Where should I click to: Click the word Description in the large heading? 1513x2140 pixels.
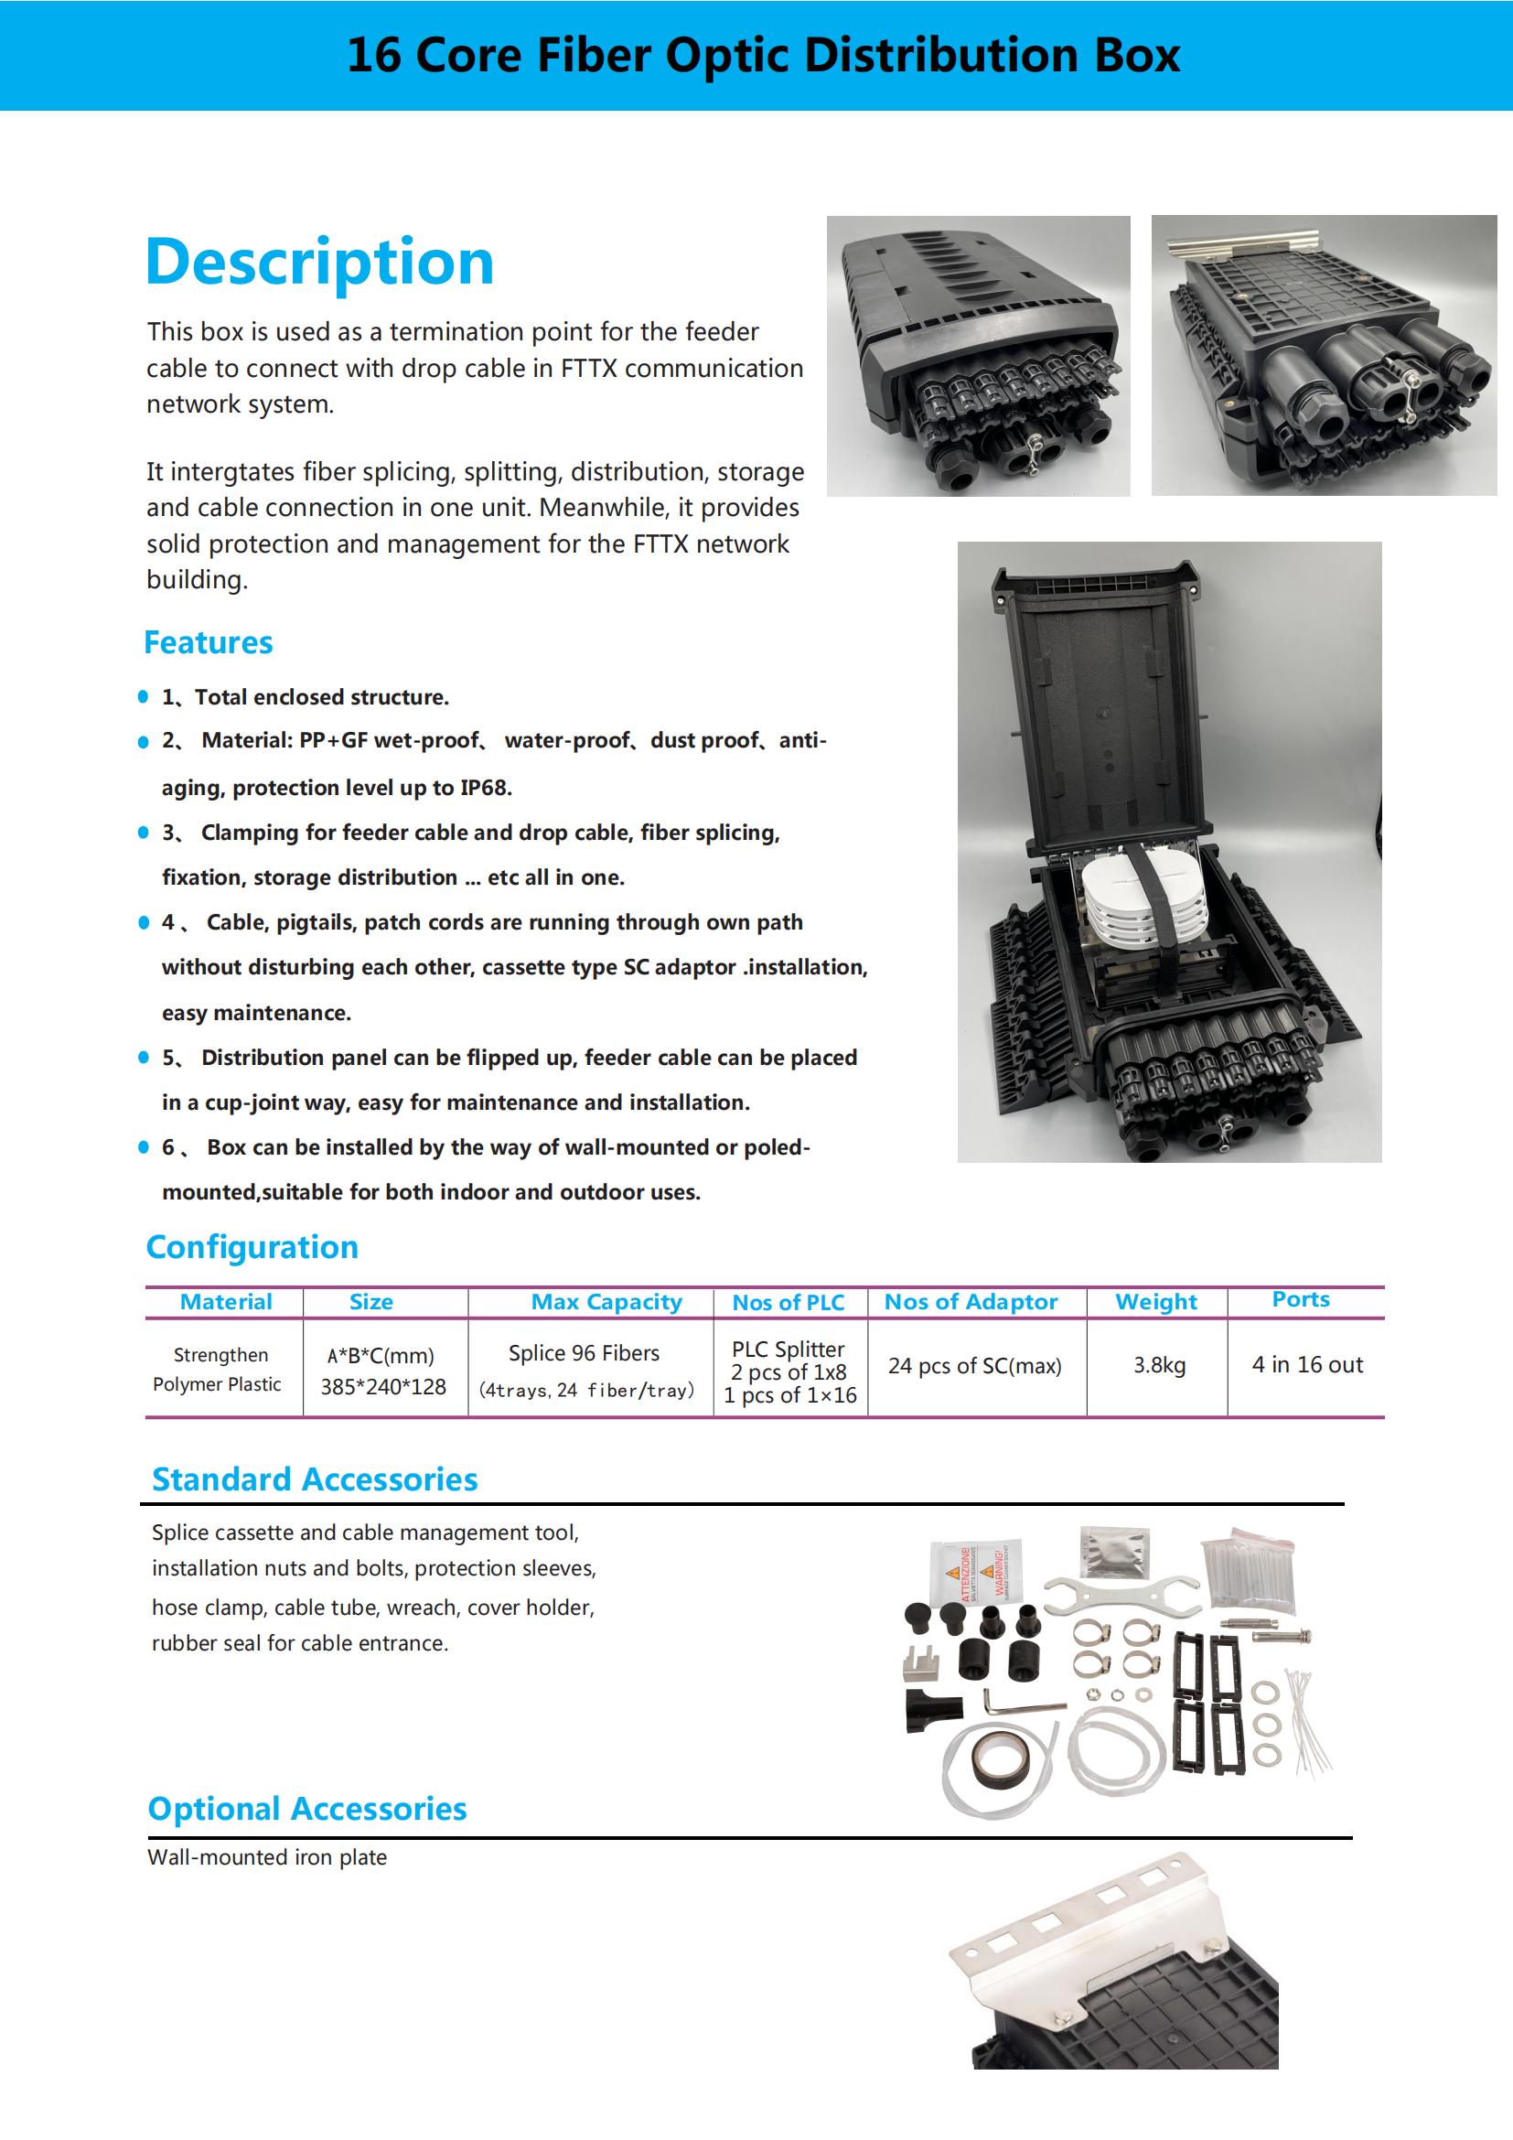[319, 262]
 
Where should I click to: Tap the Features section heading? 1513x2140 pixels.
[208, 642]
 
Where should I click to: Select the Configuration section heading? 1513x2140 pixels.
[252, 1247]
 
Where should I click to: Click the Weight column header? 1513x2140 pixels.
[1155, 1302]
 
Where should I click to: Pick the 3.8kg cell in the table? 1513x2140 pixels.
[1159, 1365]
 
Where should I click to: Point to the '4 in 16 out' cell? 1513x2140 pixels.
[1306, 1364]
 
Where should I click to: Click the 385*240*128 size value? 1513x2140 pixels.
[383, 1387]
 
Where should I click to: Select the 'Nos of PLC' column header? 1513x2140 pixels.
[789, 1303]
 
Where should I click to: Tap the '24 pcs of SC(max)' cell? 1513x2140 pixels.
[974, 1365]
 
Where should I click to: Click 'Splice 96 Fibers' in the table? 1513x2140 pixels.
[584, 1353]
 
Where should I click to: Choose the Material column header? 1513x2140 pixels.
[225, 1302]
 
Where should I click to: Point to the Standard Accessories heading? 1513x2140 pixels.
[315, 1479]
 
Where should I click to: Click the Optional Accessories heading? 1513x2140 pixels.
[307, 1808]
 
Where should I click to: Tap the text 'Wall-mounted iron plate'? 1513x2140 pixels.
[266, 1856]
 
